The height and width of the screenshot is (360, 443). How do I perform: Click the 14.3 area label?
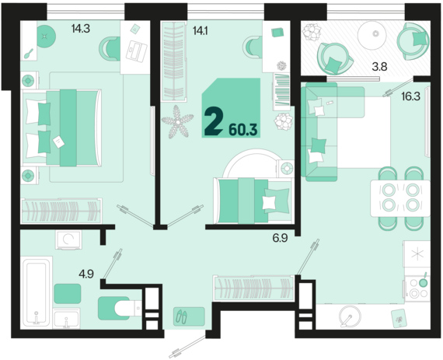81,29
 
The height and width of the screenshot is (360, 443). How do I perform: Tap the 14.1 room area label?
200,30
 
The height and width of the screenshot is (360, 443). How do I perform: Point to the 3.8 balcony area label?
379,67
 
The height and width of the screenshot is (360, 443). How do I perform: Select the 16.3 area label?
411,96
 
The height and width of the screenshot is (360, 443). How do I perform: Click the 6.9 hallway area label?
280,238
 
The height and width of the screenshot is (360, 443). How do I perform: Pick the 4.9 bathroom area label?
86,274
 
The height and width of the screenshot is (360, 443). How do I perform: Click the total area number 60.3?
243,130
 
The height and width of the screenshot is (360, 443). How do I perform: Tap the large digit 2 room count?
214,121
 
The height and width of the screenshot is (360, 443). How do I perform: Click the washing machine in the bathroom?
68,240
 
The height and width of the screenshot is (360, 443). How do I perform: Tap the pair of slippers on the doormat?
181,316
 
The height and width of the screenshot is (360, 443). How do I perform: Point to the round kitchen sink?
351,316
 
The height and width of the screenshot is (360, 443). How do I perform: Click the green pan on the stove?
423,282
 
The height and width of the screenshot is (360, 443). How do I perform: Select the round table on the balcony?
375,33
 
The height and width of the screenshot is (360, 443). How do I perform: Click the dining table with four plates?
400,198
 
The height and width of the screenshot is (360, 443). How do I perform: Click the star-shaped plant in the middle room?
178,122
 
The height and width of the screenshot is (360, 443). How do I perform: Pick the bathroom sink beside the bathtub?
66,319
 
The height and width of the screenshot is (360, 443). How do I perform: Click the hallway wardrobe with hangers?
253,288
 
